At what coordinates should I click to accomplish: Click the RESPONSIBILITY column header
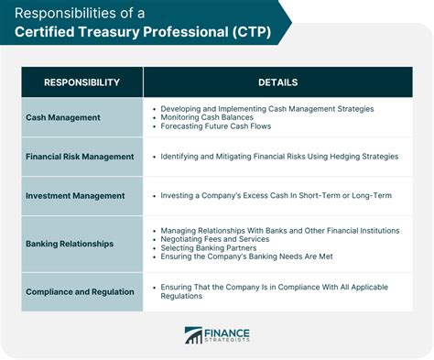coord(81,82)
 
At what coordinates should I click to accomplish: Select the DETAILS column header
coord(277,82)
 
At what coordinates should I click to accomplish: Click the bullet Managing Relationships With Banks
coord(279,230)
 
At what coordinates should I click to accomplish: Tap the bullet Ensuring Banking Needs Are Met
coord(254,257)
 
